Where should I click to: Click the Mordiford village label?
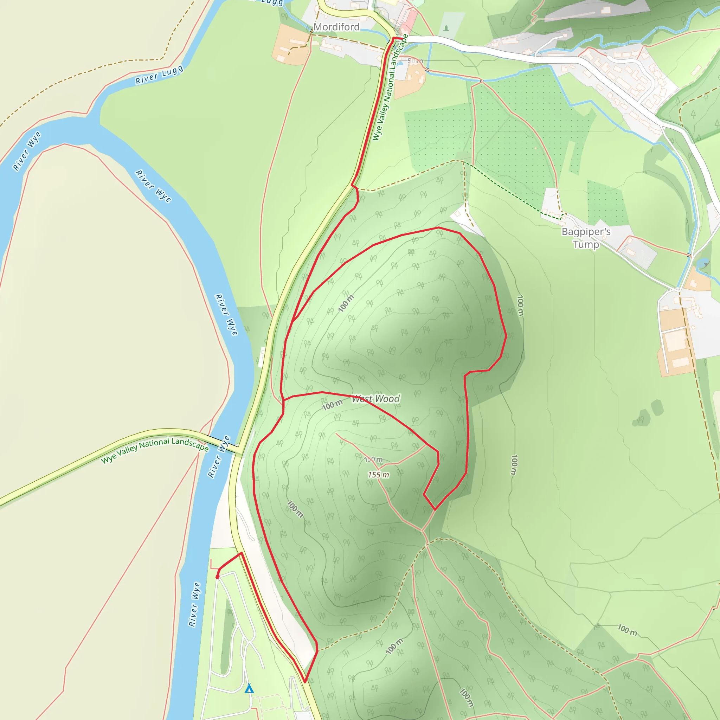coord(336,27)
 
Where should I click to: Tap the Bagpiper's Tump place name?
coord(586,238)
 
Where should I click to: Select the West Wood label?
coord(376,399)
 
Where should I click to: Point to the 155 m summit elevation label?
coord(378,475)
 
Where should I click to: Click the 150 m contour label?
coord(374,459)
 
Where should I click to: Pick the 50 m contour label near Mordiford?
coord(415,61)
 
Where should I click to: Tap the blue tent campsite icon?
coord(249,688)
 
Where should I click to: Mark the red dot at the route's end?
coord(217,577)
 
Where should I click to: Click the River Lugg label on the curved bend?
coord(159,75)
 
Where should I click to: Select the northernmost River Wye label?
coord(27,151)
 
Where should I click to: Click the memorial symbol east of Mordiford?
coord(446,28)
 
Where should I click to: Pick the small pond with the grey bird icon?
coord(702,263)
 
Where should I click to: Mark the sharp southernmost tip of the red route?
coord(305,682)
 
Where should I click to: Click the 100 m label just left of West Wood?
coord(332,405)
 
